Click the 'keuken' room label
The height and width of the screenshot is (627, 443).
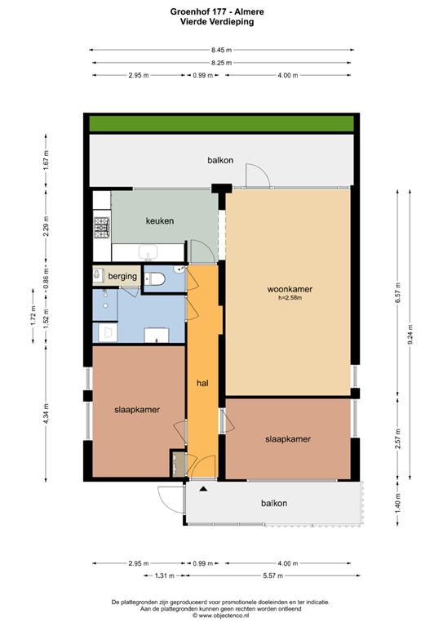click(160, 220)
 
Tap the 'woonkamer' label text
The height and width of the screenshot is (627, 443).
click(290, 289)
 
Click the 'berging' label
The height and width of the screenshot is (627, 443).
click(122, 277)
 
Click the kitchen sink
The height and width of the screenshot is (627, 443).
click(148, 251)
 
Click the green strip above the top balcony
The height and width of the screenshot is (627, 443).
click(220, 123)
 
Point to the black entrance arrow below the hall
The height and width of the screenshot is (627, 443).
click(202, 488)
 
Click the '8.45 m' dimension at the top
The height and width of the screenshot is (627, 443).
click(221, 50)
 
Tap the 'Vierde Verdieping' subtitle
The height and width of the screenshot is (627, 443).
click(221, 23)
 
